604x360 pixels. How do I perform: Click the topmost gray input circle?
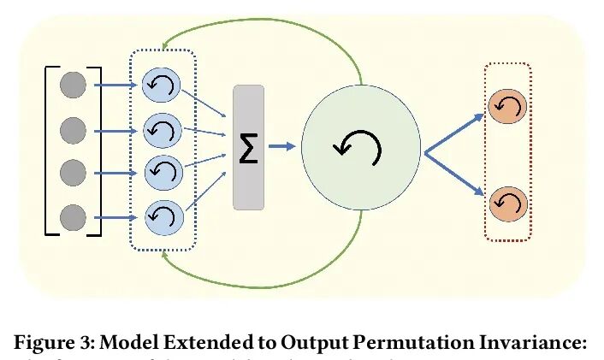(x=74, y=86)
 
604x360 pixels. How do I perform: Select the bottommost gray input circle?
(x=74, y=215)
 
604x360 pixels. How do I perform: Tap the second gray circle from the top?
(x=74, y=130)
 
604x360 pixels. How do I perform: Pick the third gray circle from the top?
(x=74, y=172)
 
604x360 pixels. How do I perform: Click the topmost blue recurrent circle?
(x=162, y=86)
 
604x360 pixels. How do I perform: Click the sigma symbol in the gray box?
(x=249, y=146)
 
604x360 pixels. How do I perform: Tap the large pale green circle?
(x=360, y=147)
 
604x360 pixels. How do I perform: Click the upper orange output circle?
(x=508, y=107)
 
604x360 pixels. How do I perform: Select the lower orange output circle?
(x=508, y=204)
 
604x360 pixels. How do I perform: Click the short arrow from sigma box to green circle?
(x=281, y=146)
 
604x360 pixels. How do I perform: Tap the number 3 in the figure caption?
(x=87, y=343)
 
